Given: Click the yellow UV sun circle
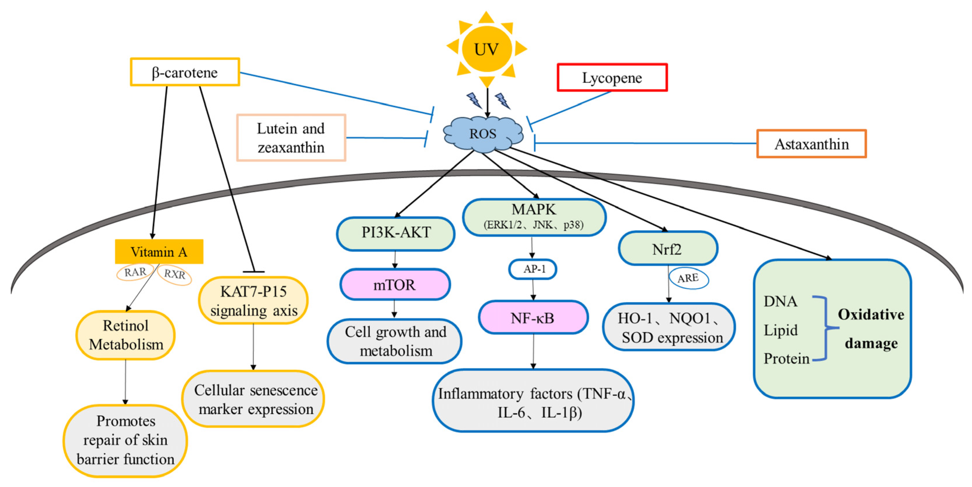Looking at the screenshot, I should click(486, 49).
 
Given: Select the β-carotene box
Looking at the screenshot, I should click(185, 72).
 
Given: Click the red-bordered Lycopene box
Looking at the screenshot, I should click(612, 78).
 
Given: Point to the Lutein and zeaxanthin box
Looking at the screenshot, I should click(291, 138).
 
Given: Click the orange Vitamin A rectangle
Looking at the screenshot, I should click(159, 251).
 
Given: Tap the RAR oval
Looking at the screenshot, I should click(135, 272).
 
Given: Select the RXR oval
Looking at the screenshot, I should click(174, 275).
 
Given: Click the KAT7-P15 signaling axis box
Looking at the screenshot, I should click(254, 301).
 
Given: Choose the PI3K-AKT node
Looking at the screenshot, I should click(395, 233).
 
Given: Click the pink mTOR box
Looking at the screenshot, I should click(395, 285).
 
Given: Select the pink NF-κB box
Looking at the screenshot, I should click(532, 318).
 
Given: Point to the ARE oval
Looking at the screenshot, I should click(688, 279).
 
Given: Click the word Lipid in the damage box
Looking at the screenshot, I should click(780, 330).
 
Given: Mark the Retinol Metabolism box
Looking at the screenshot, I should click(126, 335).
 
